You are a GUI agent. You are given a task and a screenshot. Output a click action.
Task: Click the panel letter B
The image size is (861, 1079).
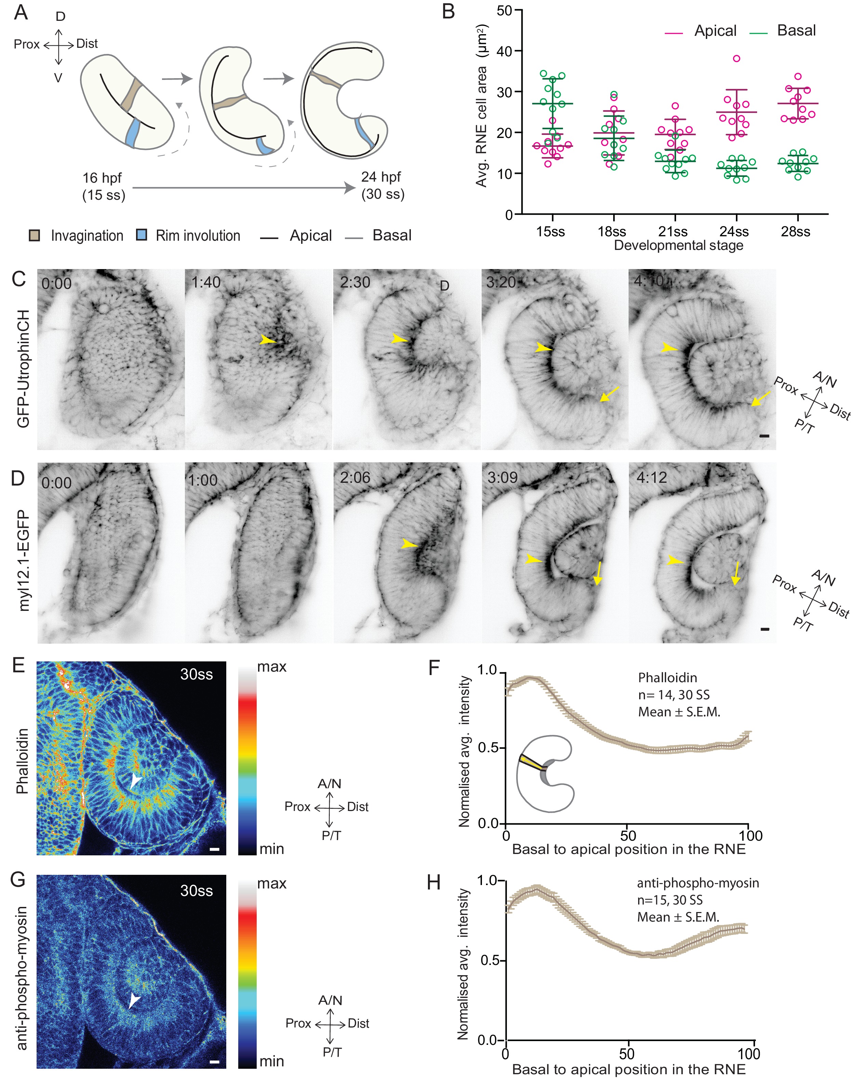[448, 12]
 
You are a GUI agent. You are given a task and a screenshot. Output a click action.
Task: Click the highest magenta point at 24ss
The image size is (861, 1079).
[736, 58]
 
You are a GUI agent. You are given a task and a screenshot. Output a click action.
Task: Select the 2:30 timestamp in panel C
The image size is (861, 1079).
[355, 283]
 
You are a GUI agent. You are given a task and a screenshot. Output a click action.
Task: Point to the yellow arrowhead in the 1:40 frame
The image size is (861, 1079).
[268, 340]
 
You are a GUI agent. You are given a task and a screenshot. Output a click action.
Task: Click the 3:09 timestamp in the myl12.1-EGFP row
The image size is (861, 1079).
[502, 477]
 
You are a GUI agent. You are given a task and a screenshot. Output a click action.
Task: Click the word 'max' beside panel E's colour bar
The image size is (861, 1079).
[271, 667]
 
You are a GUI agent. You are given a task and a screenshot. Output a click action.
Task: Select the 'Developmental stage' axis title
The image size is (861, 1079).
[678, 245]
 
